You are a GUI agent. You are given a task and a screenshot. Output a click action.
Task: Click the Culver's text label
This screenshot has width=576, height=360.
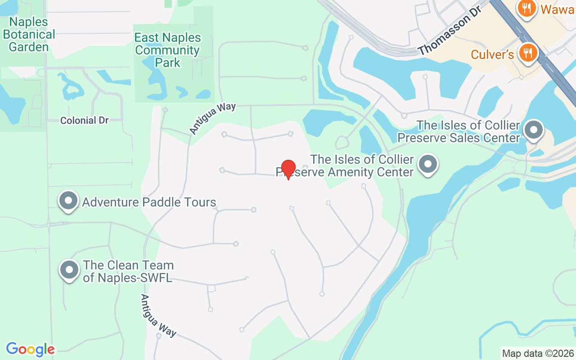click(x=492, y=54)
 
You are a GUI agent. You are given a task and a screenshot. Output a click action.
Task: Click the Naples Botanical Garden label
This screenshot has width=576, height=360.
click(x=29, y=34)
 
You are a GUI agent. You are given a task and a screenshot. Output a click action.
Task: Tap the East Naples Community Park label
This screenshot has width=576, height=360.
click(x=168, y=50)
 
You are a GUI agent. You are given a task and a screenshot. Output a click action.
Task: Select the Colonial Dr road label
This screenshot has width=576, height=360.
click(x=85, y=121)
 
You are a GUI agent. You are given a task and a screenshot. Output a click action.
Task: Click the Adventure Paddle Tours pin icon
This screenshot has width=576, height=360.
click(x=68, y=201)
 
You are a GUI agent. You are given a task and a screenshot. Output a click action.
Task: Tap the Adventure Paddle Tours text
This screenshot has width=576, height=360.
click(x=149, y=202)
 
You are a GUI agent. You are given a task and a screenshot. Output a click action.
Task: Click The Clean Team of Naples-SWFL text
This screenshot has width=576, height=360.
click(x=128, y=271)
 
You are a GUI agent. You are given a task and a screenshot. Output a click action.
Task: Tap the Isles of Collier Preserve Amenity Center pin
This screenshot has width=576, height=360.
click(x=428, y=165)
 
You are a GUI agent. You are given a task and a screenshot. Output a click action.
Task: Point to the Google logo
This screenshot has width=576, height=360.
click(x=30, y=349)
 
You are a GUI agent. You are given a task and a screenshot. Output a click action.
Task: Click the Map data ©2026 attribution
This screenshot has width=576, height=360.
click(x=538, y=354)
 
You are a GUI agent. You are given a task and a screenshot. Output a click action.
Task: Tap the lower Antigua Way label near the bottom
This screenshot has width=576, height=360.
click(x=158, y=315)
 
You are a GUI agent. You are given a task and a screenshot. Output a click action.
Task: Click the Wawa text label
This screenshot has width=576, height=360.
click(x=557, y=9)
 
